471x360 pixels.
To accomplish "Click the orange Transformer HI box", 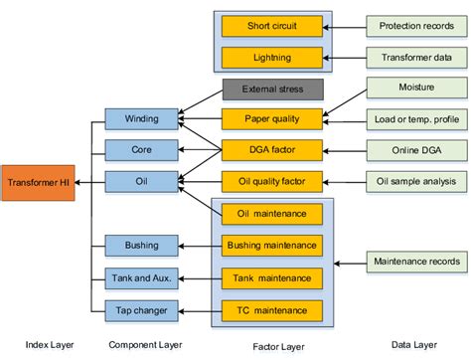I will [38, 183].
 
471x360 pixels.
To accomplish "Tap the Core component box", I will [141, 150].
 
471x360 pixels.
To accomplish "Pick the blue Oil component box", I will [141, 181].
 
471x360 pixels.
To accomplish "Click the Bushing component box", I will [141, 245].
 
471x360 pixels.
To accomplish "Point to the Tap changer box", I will [141, 310].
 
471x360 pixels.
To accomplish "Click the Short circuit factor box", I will [271, 25].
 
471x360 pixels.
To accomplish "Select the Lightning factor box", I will [271, 58].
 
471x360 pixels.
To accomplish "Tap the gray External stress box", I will [271, 90].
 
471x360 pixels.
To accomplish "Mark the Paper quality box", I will [271, 119].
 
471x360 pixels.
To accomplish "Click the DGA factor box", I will [271, 150].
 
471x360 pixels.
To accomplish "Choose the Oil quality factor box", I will [271, 181].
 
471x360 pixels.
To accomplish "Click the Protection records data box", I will [415, 25].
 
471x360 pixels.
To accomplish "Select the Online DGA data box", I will [415, 150].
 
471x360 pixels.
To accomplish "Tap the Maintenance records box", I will [415, 262].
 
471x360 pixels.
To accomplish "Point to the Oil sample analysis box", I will [415, 181].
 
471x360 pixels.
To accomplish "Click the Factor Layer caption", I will [270, 344].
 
